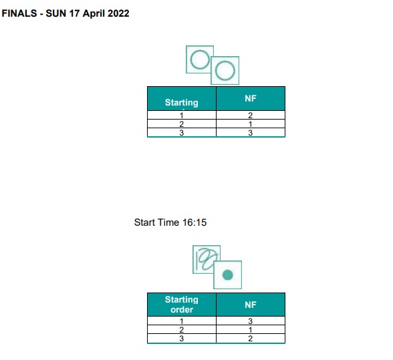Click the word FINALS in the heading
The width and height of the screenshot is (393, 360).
tap(19, 13)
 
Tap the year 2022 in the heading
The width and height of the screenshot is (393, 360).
tap(118, 13)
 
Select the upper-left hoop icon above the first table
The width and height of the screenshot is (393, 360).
tap(199, 59)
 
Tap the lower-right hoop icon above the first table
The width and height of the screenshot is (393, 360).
tap(225, 71)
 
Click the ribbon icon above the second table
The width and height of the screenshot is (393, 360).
tap(207, 259)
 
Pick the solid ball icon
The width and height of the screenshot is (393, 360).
tap(227, 275)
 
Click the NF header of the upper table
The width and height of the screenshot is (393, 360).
tap(251, 98)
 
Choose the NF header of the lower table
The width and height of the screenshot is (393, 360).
tap(251, 305)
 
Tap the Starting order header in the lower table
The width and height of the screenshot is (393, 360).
tap(182, 305)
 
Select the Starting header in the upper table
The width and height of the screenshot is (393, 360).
tap(182, 102)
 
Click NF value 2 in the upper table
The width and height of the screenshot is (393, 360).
tap(251, 116)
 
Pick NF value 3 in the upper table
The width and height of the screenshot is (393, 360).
tap(251, 133)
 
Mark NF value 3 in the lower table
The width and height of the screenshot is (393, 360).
tap(251, 321)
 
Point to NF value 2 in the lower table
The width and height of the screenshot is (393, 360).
tap(251, 339)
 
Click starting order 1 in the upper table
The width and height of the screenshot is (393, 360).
tap(182, 116)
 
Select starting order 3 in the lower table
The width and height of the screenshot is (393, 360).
tap(182, 339)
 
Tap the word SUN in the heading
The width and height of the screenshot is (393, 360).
tap(56, 13)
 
